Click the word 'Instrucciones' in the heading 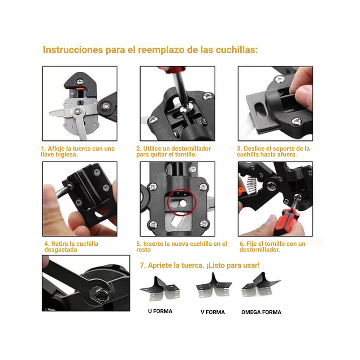click(73, 50)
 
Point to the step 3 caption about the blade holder click(273, 152)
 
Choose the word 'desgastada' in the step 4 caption click(61, 250)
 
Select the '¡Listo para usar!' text click(233, 265)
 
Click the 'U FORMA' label click(160, 311)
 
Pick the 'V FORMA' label click(213, 312)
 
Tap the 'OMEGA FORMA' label click(261, 312)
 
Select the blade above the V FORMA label click(214, 284)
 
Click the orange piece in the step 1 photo click(80, 89)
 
